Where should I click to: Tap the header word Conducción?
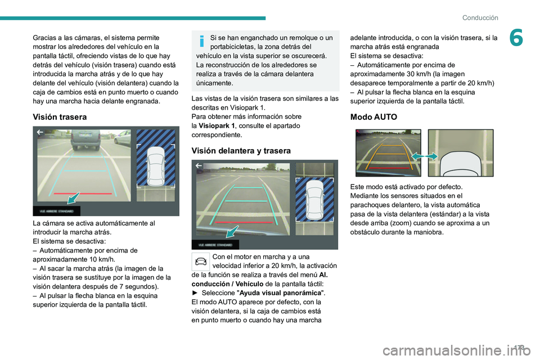[x=480, y=17]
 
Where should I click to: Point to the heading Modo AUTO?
[x=373, y=117]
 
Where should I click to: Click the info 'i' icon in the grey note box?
[x=201, y=42]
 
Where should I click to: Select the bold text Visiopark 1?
[x=217, y=126]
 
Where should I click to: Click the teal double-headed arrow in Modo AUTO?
[x=425, y=155]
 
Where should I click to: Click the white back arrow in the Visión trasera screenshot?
[x=40, y=133]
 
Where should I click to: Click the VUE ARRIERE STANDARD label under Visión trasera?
[x=56, y=211]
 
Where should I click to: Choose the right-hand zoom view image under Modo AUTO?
[x=460, y=152]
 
